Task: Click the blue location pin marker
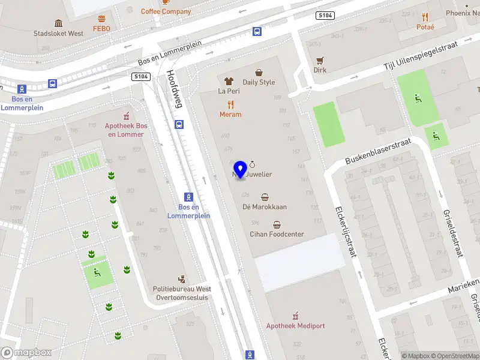click(240, 170)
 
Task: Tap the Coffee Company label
click(166, 11)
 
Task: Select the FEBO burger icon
click(101, 18)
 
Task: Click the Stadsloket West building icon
click(59, 23)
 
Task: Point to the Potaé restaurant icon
click(425, 17)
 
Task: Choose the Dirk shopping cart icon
click(320, 61)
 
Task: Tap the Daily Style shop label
click(259, 82)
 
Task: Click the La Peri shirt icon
click(229, 81)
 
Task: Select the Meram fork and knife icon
click(230, 104)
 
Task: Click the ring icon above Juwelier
click(253, 164)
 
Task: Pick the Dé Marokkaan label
click(265, 207)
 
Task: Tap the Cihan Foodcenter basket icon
click(277, 225)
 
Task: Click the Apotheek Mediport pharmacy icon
click(295, 316)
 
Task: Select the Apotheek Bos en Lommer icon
click(125, 116)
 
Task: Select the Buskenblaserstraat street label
click(377, 152)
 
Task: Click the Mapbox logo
click(26, 353)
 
